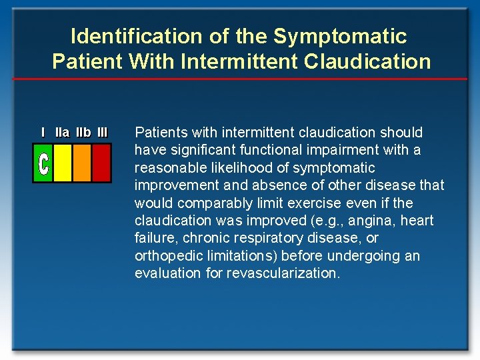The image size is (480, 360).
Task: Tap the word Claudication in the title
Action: [367, 61]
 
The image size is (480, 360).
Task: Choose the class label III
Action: [102, 133]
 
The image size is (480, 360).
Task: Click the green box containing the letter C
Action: [43, 163]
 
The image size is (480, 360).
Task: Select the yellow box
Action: [63, 163]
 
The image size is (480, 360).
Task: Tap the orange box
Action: [82, 163]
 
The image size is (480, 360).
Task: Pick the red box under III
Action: [101, 163]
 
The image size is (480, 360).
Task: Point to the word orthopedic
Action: [167, 256]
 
